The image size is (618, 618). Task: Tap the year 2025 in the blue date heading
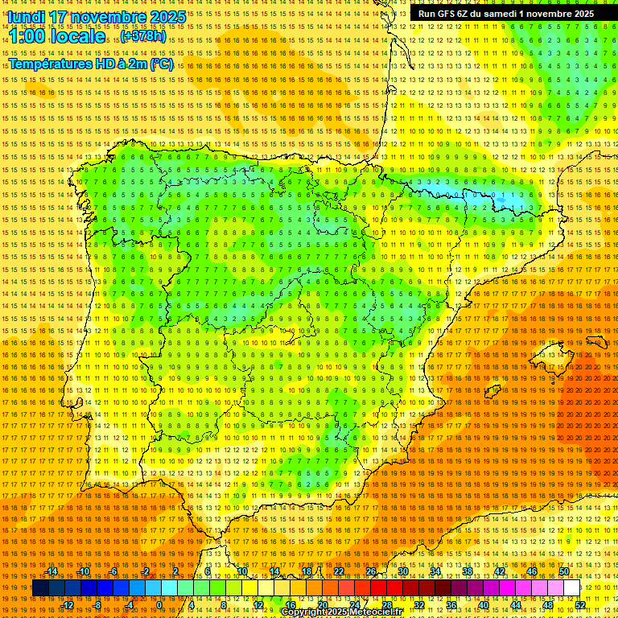166,16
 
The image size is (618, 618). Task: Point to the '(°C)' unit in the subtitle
161,64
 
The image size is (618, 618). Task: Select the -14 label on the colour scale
51,571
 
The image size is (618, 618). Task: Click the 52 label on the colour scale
580,605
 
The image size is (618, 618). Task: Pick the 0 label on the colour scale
159,605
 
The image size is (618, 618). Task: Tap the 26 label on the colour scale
371,571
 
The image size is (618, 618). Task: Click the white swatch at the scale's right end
572,588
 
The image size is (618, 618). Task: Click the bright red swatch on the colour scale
379,588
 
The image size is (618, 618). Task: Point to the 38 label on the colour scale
468,571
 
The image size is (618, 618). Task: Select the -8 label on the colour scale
98,605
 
